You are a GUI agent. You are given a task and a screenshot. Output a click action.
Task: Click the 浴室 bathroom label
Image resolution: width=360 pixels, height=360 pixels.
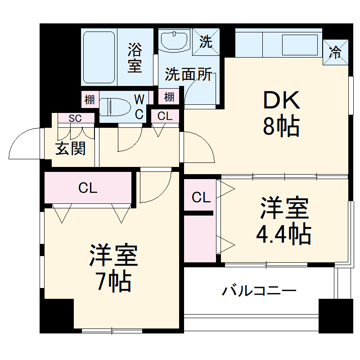[134, 57]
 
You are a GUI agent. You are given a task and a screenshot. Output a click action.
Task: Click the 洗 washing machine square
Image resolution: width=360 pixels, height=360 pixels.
[206, 42]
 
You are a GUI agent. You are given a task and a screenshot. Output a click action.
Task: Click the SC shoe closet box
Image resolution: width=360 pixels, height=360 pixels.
[75, 118]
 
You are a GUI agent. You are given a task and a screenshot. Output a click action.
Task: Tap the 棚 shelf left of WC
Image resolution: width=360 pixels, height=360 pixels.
[90, 99]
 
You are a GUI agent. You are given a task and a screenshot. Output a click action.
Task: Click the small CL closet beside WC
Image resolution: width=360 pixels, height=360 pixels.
[165, 116]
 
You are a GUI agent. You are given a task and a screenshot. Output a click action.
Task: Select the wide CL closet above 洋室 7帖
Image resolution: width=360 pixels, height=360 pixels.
[88, 188]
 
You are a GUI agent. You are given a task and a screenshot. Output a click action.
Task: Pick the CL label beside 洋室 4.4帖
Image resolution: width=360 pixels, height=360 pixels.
[201, 197]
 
